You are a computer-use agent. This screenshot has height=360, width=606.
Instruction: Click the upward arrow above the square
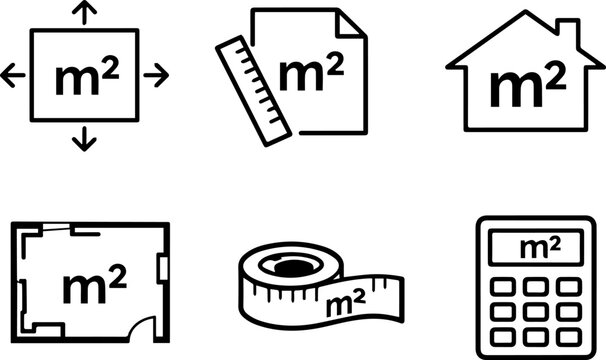85,13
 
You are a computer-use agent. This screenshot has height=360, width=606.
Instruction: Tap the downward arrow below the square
85,139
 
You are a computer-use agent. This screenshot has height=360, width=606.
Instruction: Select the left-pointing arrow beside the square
14,74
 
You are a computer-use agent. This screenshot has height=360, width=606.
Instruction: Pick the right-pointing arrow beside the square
157,74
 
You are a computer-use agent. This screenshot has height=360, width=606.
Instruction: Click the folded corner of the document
353,24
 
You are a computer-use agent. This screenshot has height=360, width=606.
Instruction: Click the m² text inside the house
525,88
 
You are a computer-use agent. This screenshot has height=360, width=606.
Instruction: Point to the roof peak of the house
525,14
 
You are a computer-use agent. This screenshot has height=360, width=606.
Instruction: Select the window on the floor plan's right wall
164,265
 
